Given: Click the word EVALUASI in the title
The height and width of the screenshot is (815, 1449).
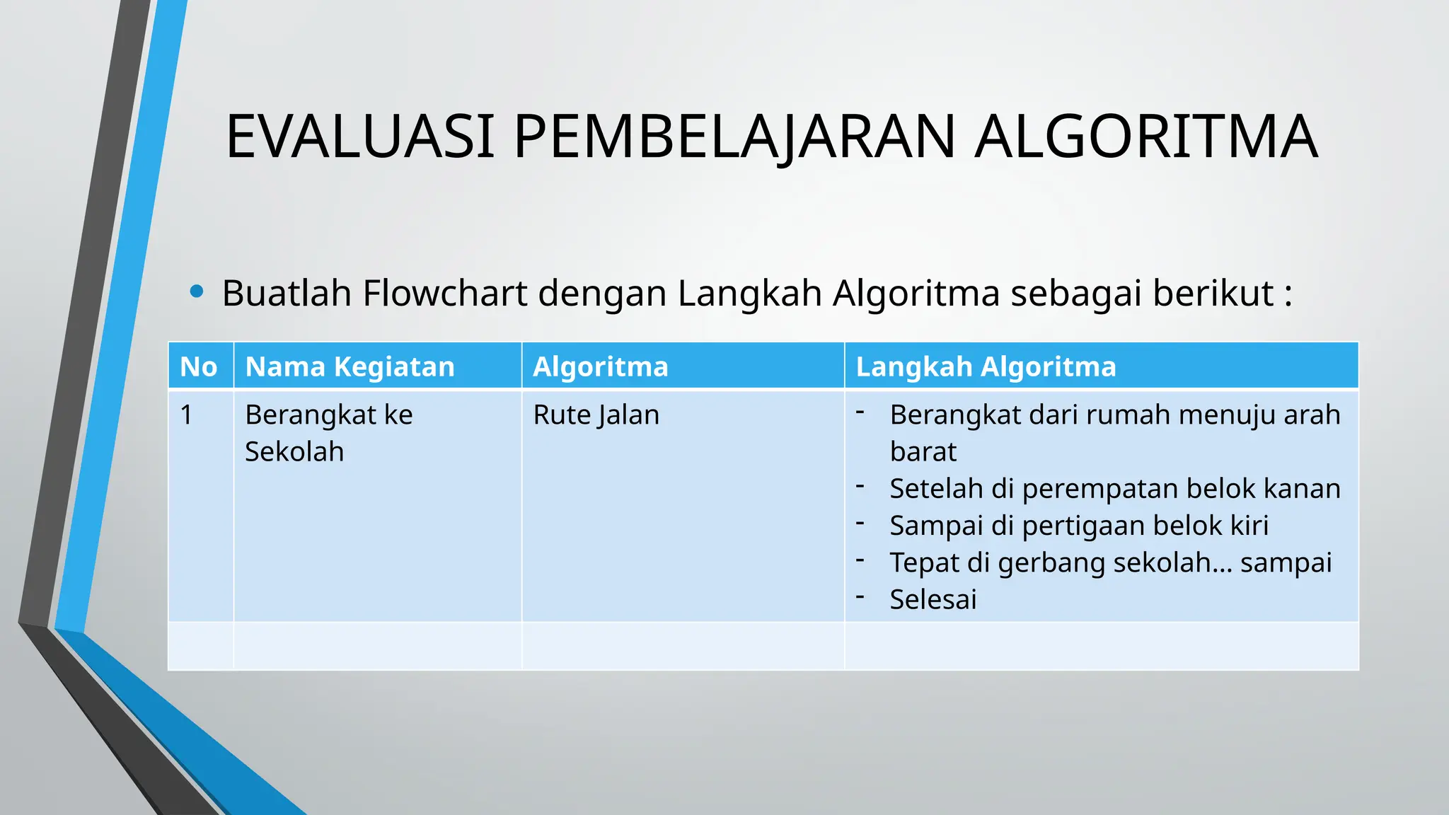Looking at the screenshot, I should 359,137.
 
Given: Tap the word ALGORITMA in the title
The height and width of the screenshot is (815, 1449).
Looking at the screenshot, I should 1145,137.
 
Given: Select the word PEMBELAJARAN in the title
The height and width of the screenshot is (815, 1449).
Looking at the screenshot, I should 734,137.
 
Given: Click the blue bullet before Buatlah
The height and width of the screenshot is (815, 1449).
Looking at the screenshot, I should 197,291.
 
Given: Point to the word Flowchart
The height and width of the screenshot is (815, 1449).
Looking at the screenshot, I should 445,293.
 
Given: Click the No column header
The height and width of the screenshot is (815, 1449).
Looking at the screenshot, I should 199,366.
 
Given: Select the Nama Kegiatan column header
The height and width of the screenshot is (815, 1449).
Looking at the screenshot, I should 350,366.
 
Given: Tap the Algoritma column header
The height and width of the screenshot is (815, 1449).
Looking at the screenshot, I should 600,366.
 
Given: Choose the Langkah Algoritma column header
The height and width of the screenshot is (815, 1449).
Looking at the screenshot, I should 986,366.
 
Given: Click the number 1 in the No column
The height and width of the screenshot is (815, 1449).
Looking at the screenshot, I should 186,415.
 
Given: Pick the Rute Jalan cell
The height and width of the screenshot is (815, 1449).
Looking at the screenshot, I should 596,415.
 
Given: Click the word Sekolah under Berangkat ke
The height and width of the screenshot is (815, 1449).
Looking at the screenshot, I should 294,451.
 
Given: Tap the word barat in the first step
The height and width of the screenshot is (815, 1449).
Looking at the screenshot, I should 923,451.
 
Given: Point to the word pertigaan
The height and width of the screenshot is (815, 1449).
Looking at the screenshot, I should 1084,526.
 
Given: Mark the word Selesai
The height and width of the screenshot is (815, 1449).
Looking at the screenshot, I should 933,599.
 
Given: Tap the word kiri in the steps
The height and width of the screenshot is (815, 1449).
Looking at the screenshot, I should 1249,526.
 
